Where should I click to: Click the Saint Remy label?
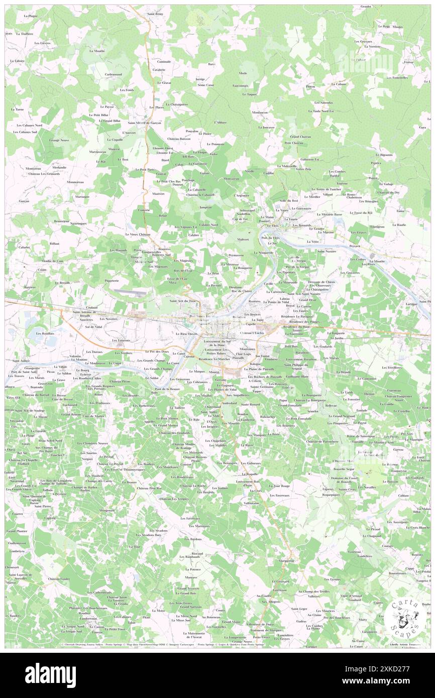point(155,14)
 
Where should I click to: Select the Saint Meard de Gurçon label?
point(144,123)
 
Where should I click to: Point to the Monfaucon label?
point(260,112)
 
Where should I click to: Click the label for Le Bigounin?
point(386,155)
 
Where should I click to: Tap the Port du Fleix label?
point(270,238)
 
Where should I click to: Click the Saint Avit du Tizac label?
point(185,301)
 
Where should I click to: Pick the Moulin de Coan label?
point(53,261)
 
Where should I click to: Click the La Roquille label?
point(249,474)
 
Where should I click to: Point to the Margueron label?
point(286,560)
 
